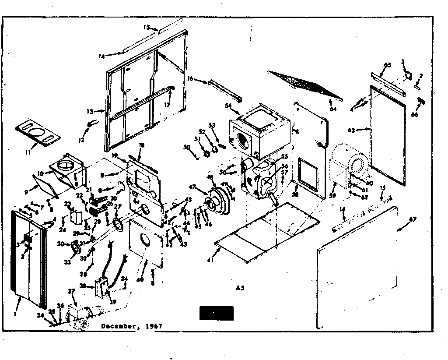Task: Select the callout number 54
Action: click(x=228, y=106)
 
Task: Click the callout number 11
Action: click(x=28, y=152)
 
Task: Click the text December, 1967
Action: click(x=132, y=326)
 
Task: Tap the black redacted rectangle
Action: click(x=216, y=313)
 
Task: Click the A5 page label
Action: click(x=239, y=288)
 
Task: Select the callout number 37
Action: click(x=71, y=291)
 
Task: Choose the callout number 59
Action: click(x=332, y=196)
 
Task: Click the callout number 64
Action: click(x=333, y=109)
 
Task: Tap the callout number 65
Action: click(x=387, y=65)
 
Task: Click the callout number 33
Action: click(x=67, y=262)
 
